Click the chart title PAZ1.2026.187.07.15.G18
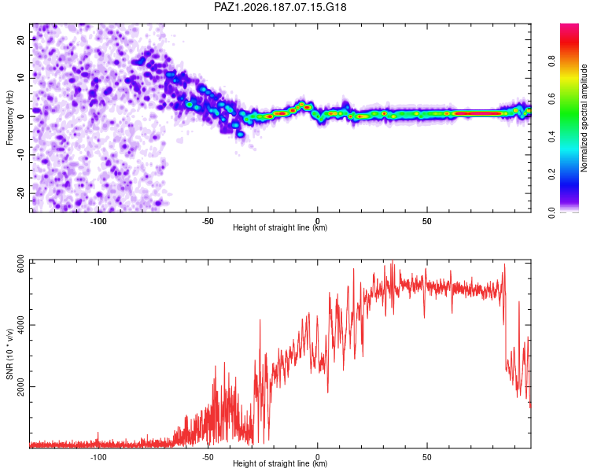pos(280,7)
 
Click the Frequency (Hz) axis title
pos(9,118)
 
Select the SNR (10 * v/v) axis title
pos(9,354)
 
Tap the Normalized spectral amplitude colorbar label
pos(584,118)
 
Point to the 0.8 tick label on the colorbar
pos(551,61)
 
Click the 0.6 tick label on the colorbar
pos(551,99)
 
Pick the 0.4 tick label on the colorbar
pos(551,136)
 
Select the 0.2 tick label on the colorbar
pos(551,175)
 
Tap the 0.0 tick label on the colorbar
pos(551,212)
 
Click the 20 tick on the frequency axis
pos(20,40)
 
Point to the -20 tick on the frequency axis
pos(20,193)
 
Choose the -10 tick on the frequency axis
pos(20,155)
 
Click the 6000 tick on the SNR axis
pos(20,267)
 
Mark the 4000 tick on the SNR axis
pos(20,324)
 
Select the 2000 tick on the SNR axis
pos(20,387)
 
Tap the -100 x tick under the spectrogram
pos(98,221)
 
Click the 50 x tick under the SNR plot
pos(427,457)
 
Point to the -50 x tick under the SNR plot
pos(208,457)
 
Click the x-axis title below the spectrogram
pos(280,227)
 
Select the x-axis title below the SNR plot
pos(280,463)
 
